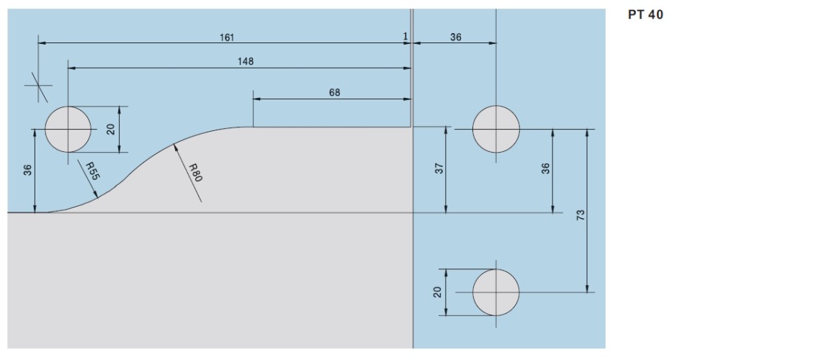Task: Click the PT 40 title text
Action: click(x=645, y=14)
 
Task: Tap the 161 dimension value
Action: click(x=227, y=37)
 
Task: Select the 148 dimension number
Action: click(x=245, y=61)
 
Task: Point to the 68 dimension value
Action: click(x=334, y=92)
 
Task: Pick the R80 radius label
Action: click(x=194, y=173)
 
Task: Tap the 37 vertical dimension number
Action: click(x=439, y=169)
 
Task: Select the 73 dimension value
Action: click(x=580, y=215)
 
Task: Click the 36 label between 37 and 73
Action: click(x=545, y=168)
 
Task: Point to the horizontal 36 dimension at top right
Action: click(x=456, y=37)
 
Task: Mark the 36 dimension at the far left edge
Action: click(x=27, y=170)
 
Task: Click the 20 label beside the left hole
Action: click(x=111, y=129)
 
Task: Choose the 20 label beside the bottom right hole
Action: click(x=437, y=292)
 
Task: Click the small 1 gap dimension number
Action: click(x=405, y=37)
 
